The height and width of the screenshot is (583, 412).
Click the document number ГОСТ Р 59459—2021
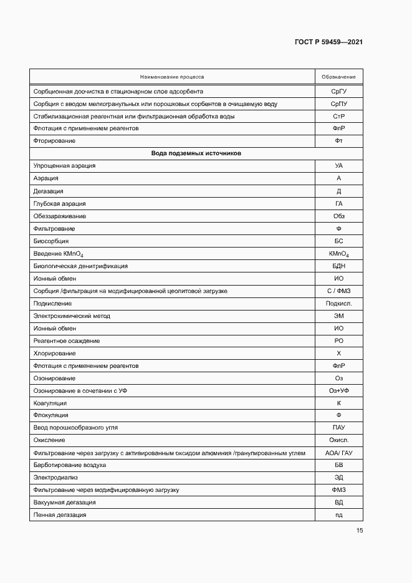point(328,42)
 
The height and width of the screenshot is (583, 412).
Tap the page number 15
point(360,531)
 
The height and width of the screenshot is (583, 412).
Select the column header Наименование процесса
point(172,77)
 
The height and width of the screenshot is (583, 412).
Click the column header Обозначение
point(338,77)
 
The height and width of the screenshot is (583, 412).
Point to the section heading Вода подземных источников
point(196,153)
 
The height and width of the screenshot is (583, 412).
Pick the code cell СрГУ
point(338,91)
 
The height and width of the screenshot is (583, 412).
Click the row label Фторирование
point(54,141)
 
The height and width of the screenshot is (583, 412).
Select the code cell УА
point(338,166)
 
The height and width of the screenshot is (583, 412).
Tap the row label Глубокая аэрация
point(60,203)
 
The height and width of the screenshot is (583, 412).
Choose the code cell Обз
point(338,216)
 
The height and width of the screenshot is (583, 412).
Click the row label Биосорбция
point(51,241)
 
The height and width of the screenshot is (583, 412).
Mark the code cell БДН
point(338,266)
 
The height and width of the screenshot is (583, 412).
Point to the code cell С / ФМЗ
point(338,291)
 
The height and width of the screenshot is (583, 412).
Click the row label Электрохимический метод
point(72,316)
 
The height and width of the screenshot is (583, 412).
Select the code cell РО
point(338,340)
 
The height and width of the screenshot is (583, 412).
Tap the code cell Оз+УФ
point(338,390)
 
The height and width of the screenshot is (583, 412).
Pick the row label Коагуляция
point(51,403)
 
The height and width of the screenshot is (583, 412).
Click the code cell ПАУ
point(338,428)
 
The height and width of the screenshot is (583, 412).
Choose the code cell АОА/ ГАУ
point(338,453)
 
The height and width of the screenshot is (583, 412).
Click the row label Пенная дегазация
point(60,515)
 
